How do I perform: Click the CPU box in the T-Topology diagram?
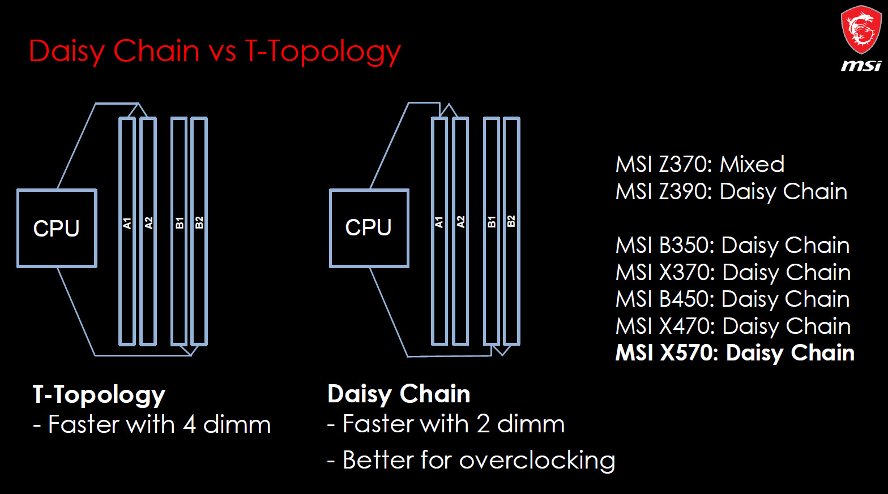[x=57, y=228]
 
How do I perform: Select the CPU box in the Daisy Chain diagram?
[x=369, y=227]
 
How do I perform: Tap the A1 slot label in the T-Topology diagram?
[x=127, y=223]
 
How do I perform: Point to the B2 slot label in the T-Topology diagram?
[x=199, y=222]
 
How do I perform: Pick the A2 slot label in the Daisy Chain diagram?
[x=460, y=222]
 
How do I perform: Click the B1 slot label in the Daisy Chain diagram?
[x=492, y=222]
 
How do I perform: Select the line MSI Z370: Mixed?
[x=700, y=164]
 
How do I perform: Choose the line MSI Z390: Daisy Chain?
[x=731, y=192]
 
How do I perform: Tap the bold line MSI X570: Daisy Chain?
[x=735, y=353]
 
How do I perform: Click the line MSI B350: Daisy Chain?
[x=732, y=246]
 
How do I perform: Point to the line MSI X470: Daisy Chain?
[x=733, y=327]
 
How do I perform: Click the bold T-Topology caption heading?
[x=99, y=394]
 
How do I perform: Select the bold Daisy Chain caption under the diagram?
[x=399, y=394]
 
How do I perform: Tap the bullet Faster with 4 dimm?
[x=152, y=424]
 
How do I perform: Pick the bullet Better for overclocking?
[x=471, y=460]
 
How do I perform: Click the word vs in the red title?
[x=223, y=51]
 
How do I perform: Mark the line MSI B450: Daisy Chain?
[x=732, y=299]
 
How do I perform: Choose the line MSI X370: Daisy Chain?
[x=733, y=273]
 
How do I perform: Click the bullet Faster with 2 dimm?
[x=446, y=424]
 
